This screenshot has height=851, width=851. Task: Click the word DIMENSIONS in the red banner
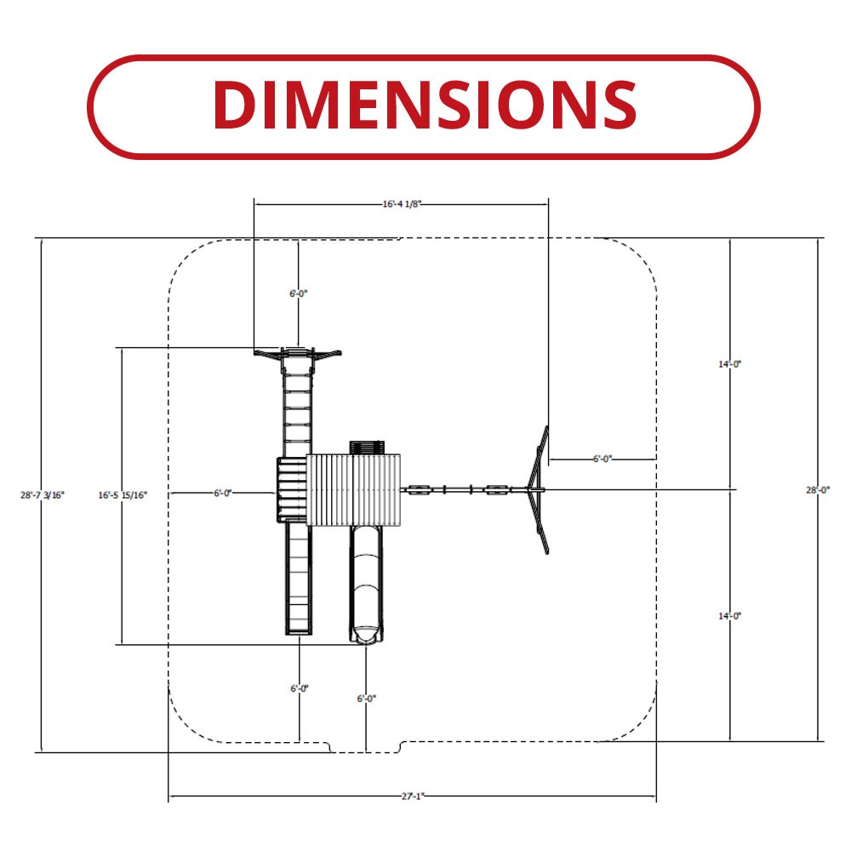(x=425, y=105)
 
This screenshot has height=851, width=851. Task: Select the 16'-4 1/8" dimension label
(x=402, y=204)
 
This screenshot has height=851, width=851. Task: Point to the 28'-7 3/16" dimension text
(x=43, y=495)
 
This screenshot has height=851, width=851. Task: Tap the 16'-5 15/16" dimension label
(x=123, y=495)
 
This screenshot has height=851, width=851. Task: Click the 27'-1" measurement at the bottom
(x=413, y=797)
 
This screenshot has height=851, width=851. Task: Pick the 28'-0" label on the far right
(x=818, y=490)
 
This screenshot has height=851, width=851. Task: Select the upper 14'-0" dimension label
(x=730, y=364)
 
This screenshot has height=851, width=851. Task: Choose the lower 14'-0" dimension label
(x=730, y=616)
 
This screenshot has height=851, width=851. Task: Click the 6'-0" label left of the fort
(x=222, y=493)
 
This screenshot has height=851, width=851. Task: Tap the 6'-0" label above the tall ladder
(x=298, y=294)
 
